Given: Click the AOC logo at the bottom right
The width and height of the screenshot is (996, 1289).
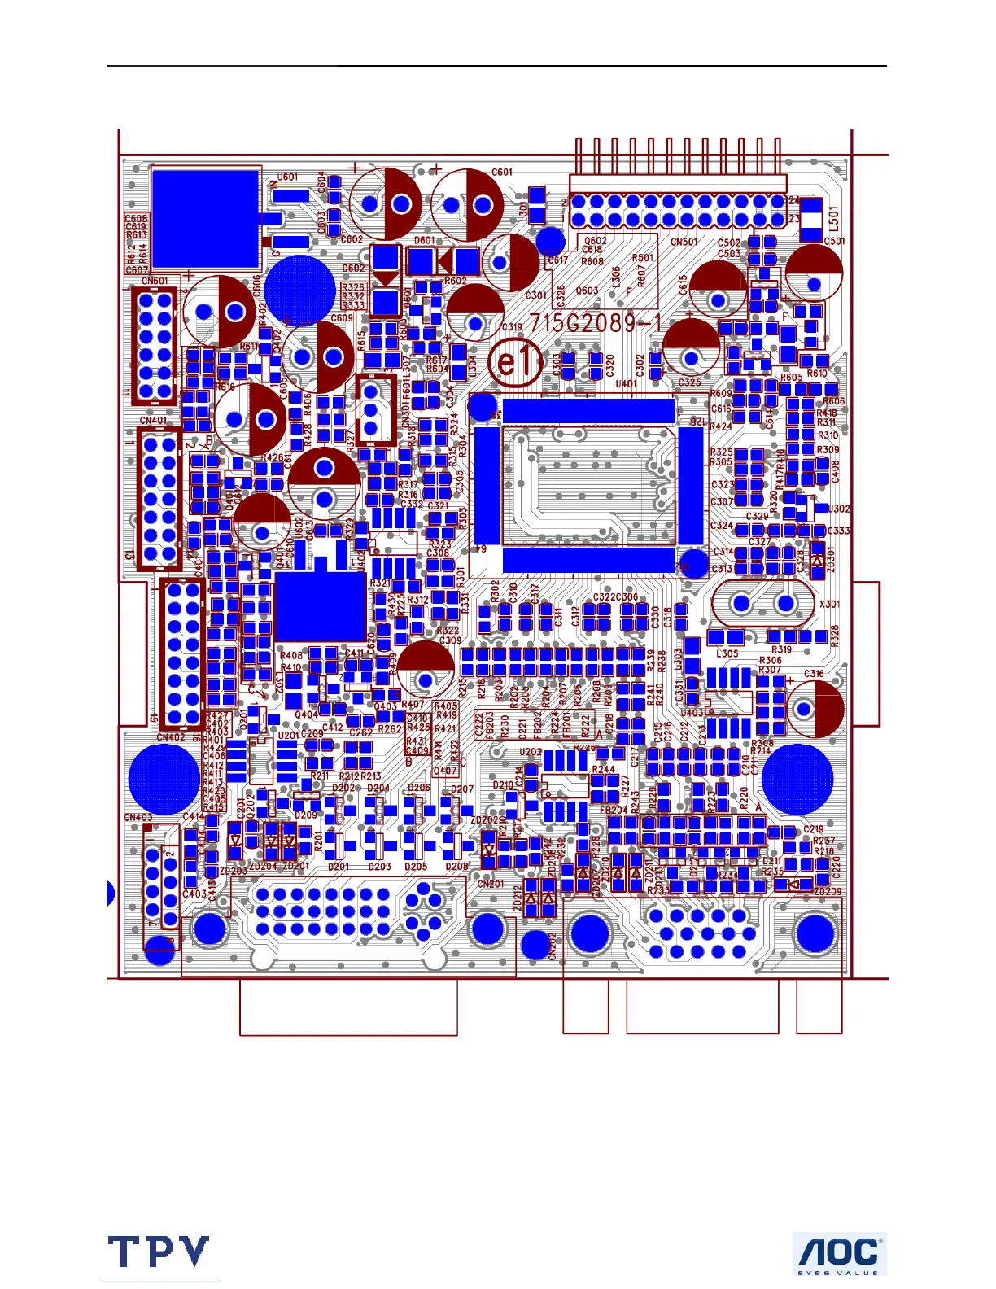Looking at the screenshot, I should [x=839, y=1253].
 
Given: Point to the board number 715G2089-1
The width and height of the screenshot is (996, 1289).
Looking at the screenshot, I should [x=596, y=323].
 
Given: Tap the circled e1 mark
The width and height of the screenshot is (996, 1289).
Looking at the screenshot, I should [x=514, y=362].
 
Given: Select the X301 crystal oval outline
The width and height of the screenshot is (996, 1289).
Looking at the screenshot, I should [x=762, y=603].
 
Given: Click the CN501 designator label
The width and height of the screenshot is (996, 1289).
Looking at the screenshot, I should [x=684, y=242].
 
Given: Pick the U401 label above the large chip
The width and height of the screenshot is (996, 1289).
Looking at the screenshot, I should [x=627, y=384].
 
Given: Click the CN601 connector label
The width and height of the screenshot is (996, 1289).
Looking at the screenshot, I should [x=155, y=282].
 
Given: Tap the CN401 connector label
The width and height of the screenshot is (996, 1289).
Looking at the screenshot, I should [x=154, y=421].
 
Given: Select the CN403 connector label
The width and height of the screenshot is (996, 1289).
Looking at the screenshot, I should [x=138, y=818].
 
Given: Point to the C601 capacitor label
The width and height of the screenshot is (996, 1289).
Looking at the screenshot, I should [x=502, y=173].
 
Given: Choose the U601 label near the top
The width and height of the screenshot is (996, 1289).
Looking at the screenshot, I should [x=287, y=177].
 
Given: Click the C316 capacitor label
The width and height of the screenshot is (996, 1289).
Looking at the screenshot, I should [x=814, y=674].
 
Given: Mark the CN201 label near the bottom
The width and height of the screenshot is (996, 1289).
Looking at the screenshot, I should [x=491, y=884].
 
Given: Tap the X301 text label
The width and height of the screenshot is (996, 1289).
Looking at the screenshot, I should [x=830, y=605].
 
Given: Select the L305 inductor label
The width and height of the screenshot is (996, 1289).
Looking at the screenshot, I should [x=727, y=653].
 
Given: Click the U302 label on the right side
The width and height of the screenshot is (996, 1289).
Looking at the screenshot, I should [x=839, y=509].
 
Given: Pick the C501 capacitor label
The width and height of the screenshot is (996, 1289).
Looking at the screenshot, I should [x=834, y=241].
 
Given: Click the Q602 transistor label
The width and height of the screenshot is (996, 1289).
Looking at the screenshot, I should [x=595, y=241].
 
